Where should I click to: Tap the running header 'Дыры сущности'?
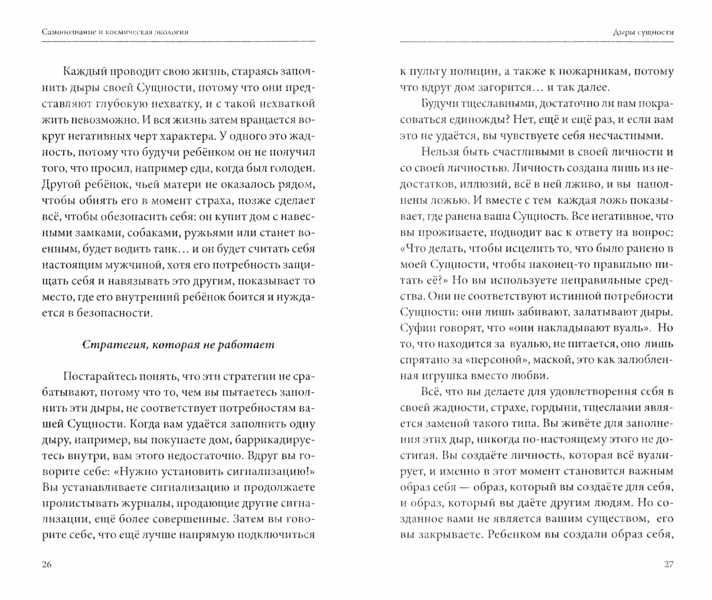tap(643, 32)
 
